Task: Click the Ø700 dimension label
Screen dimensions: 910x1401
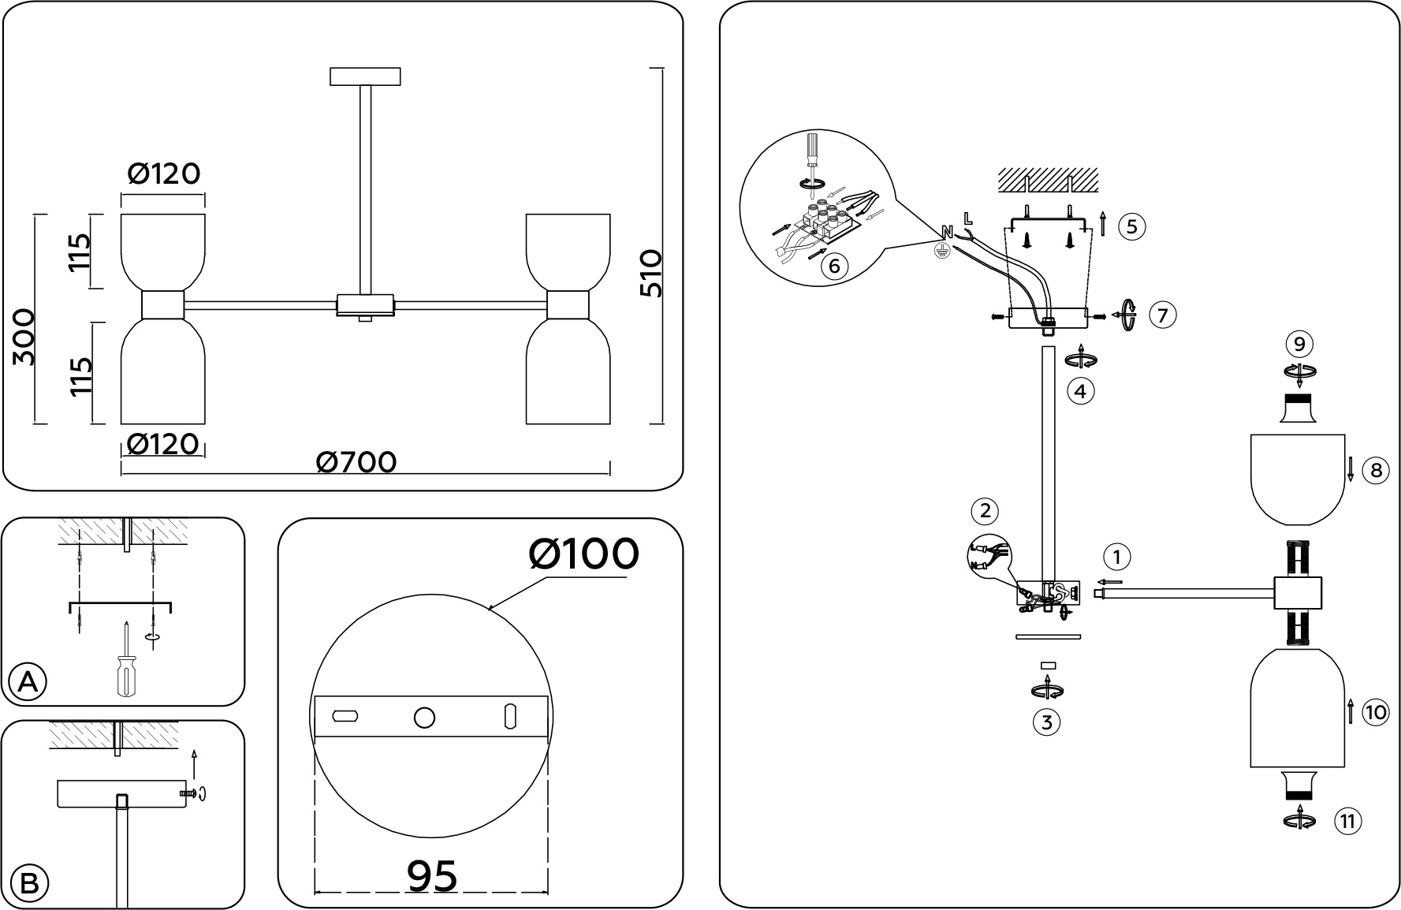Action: pyautogui.click(x=356, y=462)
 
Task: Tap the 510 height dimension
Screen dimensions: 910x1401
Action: pyautogui.click(x=651, y=273)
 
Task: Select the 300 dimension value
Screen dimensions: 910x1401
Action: pyautogui.click(x=24, y=337)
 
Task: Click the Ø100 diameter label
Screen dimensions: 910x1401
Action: pyautogui.click(x=583, y=554)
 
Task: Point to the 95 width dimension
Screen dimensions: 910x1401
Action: pyautogui.click(x=432, y=875)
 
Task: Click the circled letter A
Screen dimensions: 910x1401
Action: pyautogui.click(x=28, y=682)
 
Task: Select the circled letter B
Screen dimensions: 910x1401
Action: pyautogui.click(x=28, y=883)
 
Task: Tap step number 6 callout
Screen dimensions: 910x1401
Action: pyautogui.click(x=834, y=265)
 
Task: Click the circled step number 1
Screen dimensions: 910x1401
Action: pyautogui.click(x=1116, y=557)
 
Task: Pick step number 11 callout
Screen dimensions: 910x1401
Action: pyautogui.click(x=1347, y=822)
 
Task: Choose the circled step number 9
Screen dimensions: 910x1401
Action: pyautogui.click(x=1299, y=344)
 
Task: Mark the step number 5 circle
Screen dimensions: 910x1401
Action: pyautogui.click(x=1131, y=227)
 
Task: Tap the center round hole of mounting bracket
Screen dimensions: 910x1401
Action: pyautogui.click(x=424, y=718)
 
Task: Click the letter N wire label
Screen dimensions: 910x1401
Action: pyautogui.click(x=948, y=232)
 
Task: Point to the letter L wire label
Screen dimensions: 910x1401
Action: pyautogui.click(x=967, y=217)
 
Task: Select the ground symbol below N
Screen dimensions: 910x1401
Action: pyautogui.click(x=940, y=251)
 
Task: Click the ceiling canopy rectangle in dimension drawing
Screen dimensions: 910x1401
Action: pyautogui.click(x=365, y=76)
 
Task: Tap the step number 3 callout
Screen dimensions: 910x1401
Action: pyautogui.click(x=1046, y=722)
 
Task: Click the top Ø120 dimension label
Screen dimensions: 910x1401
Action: pyautogui.click(x=163, y=173)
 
